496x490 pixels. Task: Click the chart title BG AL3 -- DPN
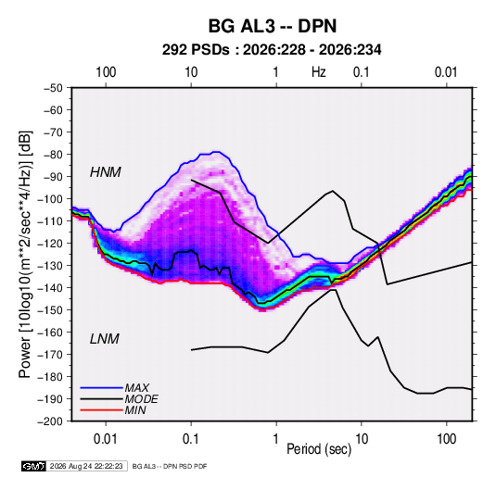tap(273, 26)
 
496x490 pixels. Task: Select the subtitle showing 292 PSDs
tap(272, 50)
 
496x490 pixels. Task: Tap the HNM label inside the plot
tap(106, 172)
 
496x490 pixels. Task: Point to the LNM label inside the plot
tap(105, 339)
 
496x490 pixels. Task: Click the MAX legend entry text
tap(136, 387)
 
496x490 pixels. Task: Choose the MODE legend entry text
tap(142, 399)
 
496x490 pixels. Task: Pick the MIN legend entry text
tap(135, 410)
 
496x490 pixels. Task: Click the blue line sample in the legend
tap(102, 388)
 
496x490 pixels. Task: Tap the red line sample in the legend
tap(102, 410)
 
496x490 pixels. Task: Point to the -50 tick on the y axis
tap(53, 88)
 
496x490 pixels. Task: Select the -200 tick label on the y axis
tap(51, 421)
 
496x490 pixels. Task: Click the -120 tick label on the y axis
tap(51, 244)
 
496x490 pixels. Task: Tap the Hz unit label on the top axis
tap(319, 72)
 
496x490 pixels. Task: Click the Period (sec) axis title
tap(319, 449)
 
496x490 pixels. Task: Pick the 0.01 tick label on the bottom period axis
tap(106, 439)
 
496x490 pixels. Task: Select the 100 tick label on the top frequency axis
tap(106, 72)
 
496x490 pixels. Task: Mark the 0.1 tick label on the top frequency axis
tap(362, 72)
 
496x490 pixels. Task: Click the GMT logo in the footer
tap(34, 466)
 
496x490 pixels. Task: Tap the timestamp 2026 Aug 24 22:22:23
tap(86, 466)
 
